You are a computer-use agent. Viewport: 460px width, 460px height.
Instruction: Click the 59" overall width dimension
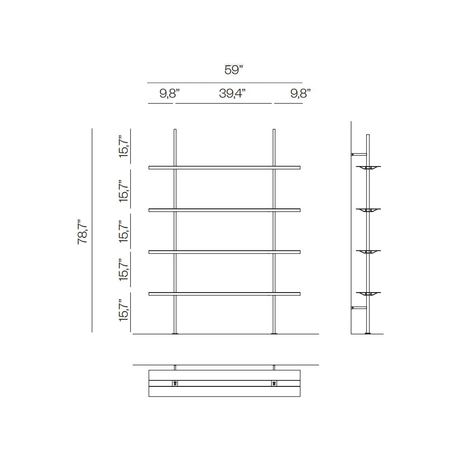pyautogui.click(x=234, y=70)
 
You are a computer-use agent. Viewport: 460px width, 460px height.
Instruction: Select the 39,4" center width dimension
pyautogui.click(x=232, y=93)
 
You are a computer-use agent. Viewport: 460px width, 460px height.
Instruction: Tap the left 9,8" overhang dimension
pyautogui.click(x=169, y=93)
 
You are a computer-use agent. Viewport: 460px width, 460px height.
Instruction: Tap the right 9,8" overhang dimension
pyautogui.click(x=300, y=93)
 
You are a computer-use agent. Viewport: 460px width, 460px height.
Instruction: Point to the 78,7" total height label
pyautogui.click(x=82, y=232)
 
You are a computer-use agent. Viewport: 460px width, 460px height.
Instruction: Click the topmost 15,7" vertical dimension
pyautogui.click(x=124, y=146)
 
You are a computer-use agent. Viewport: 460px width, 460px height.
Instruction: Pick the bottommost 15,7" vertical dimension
pyautogui.click(x=124, y=310)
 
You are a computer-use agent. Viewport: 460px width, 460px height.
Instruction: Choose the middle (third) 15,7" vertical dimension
pyautogui.click(x=124, y=231)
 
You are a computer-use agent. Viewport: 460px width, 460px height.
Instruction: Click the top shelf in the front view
pyautogui.click(x=224, y=167)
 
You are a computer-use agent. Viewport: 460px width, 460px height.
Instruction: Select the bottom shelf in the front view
pyautogui.click(x=224, y=293)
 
